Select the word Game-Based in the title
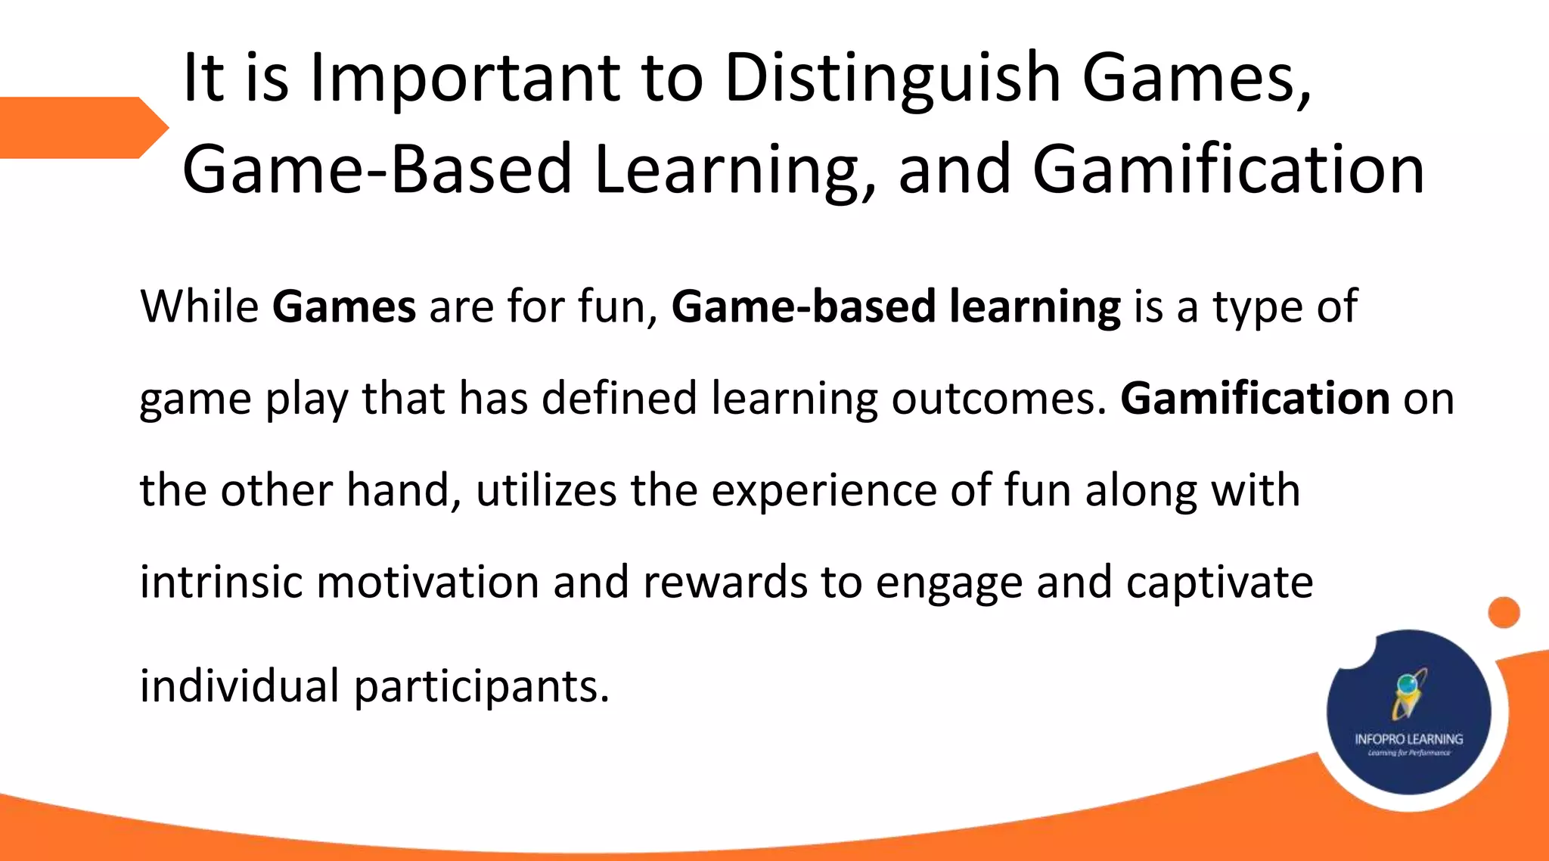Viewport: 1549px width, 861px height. pos(377,169)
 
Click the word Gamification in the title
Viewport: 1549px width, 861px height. pos(1228,169)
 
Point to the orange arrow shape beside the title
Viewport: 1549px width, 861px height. pos(83,127)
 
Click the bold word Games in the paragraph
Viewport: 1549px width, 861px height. pos(344,306)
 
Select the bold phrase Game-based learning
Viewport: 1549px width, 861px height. pos(896,306)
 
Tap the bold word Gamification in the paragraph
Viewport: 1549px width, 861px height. pos(1255,399)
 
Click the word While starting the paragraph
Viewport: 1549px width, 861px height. pos(200,306)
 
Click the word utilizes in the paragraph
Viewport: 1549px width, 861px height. pos(546,490)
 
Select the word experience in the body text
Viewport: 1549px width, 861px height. pos(824,490)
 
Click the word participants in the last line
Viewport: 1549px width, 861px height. pos(481,686)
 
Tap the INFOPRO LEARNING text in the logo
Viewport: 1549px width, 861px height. pos(1408,738)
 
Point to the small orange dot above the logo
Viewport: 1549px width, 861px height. pos(1504,612)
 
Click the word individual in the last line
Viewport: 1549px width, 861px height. pos(239,686)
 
